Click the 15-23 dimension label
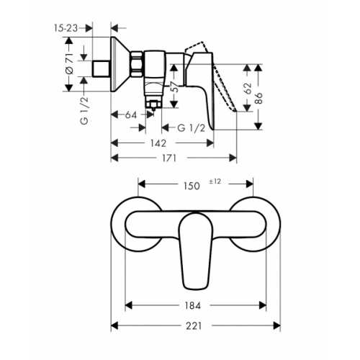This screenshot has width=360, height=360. tap(66, 28)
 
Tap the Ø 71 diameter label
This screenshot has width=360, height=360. tap(69, 63)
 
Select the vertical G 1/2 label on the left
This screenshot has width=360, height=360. tap(84, 110)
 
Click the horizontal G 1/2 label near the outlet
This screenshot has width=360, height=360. tap(192, 128)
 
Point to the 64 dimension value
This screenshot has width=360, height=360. tap(131, 115)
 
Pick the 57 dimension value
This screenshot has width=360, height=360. tap(176, 86)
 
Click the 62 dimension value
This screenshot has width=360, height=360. tap(248, 89)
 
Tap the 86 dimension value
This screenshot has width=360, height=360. tap(258, 98)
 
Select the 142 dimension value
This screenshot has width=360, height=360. tap(158, 143)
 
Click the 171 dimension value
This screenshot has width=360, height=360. tap(169, 158)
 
